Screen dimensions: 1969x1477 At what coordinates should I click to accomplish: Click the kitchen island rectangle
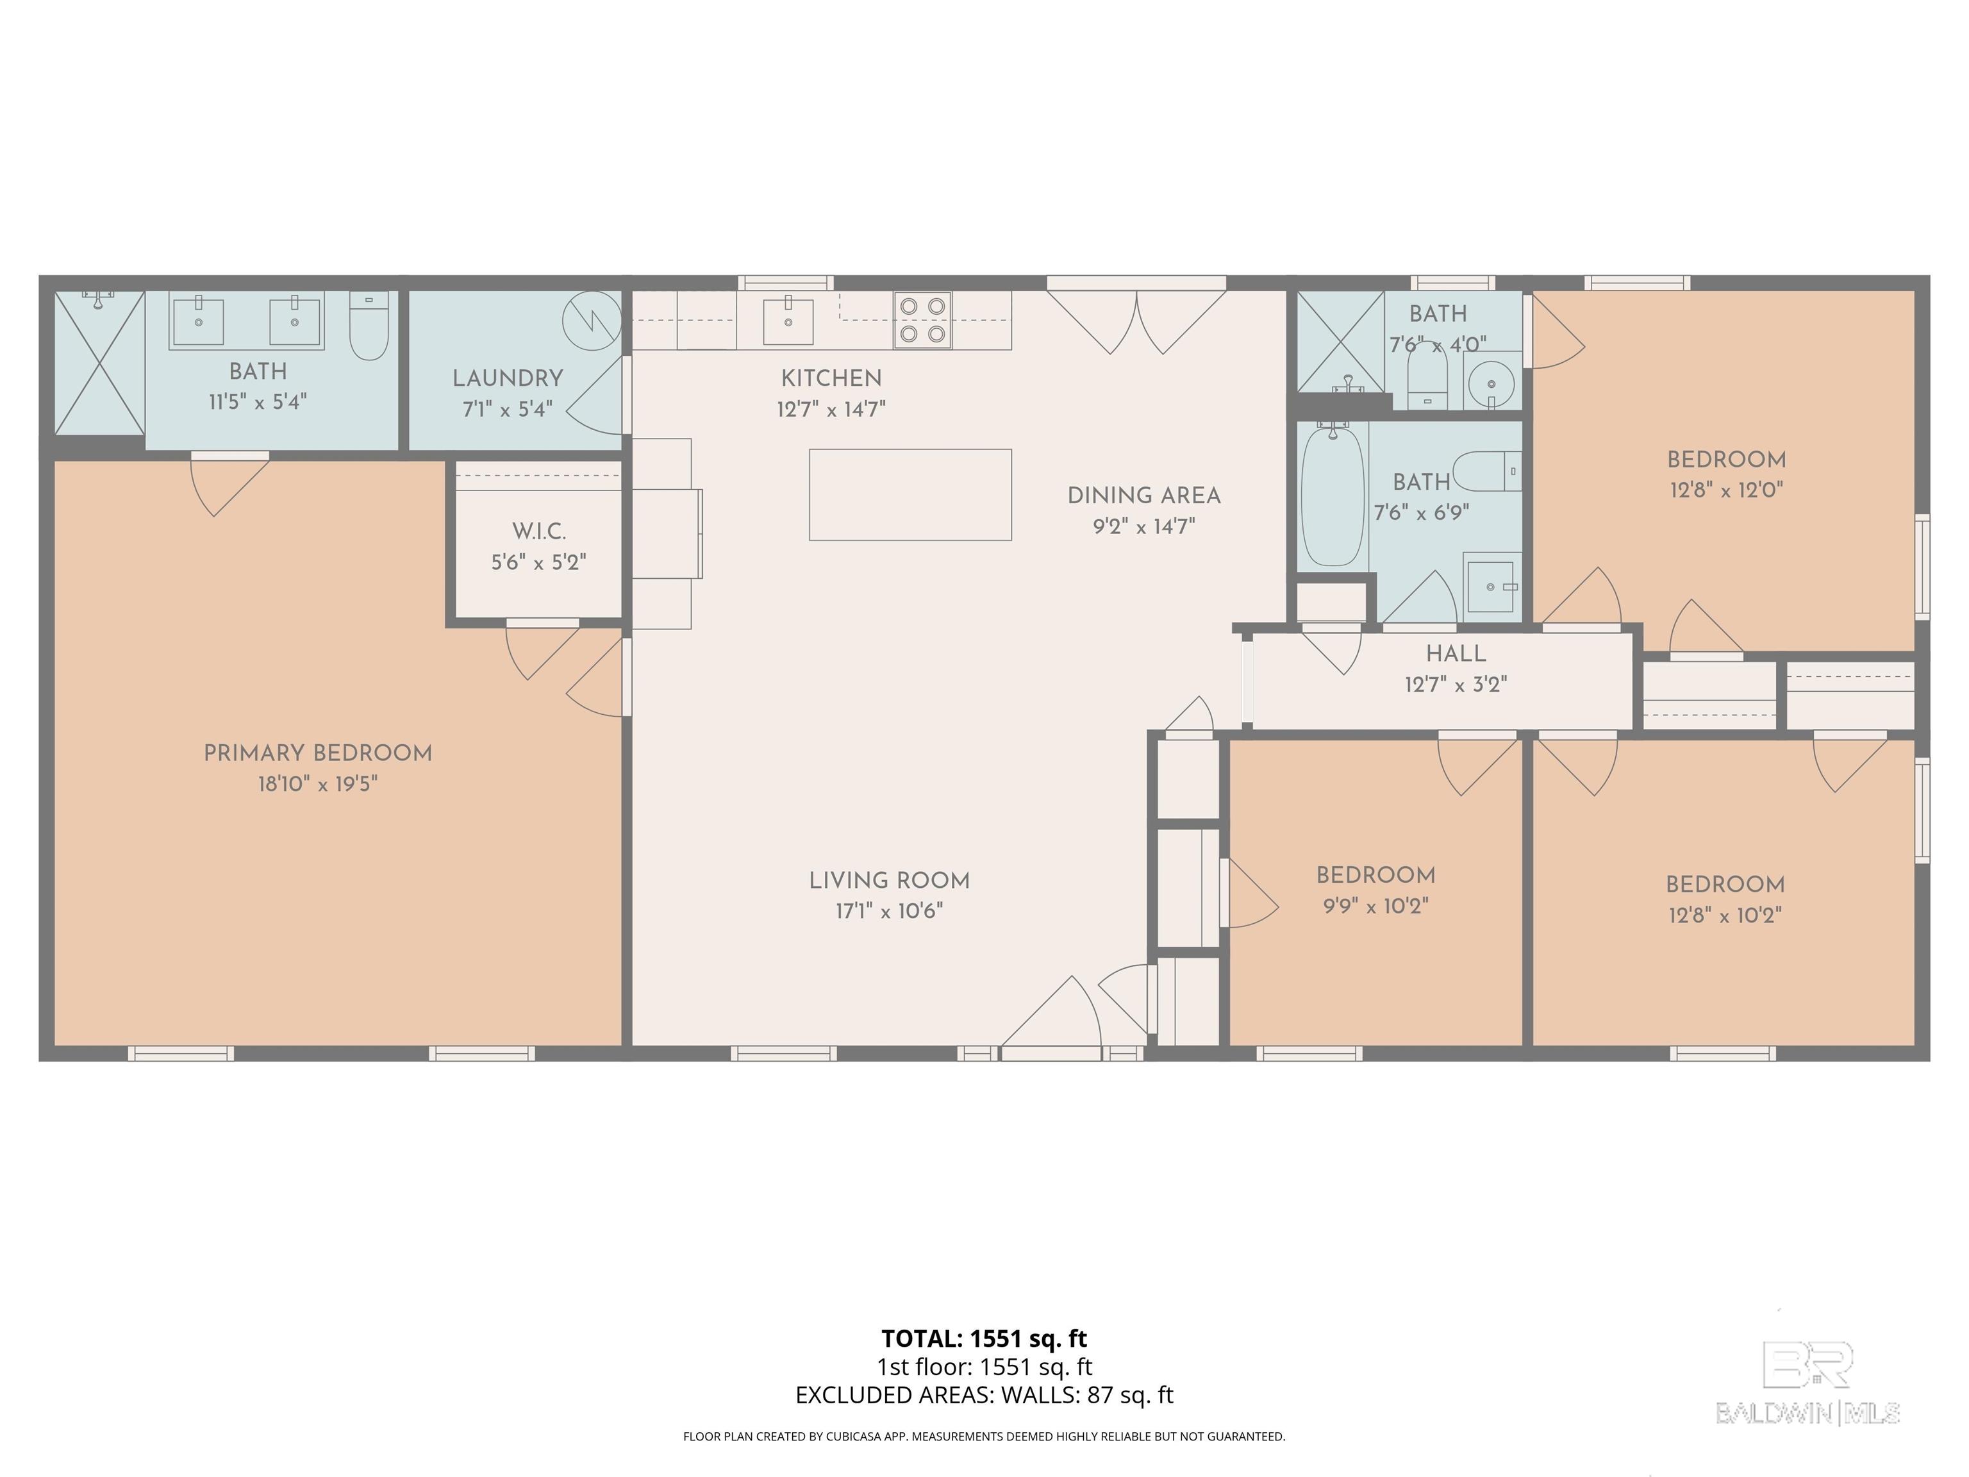coord(910,494)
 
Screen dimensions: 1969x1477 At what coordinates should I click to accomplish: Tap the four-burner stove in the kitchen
coord(922,320)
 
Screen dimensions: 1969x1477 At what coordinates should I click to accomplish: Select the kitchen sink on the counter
coord(788,320)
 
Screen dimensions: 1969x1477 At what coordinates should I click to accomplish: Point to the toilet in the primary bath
coord(369,326)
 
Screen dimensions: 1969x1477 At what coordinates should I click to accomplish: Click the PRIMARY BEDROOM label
coord(318,753)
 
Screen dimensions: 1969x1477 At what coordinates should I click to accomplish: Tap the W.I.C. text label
coord(538,531)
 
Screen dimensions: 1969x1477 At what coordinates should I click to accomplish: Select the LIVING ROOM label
coord(889,881)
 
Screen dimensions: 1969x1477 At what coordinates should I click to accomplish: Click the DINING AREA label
coord(1144,496)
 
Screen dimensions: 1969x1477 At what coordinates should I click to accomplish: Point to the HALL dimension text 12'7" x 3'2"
coord(1456,685)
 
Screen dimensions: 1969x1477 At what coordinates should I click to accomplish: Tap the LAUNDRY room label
coord(508,378)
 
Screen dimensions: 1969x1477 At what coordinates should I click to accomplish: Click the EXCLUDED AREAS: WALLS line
coord(984,1395)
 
